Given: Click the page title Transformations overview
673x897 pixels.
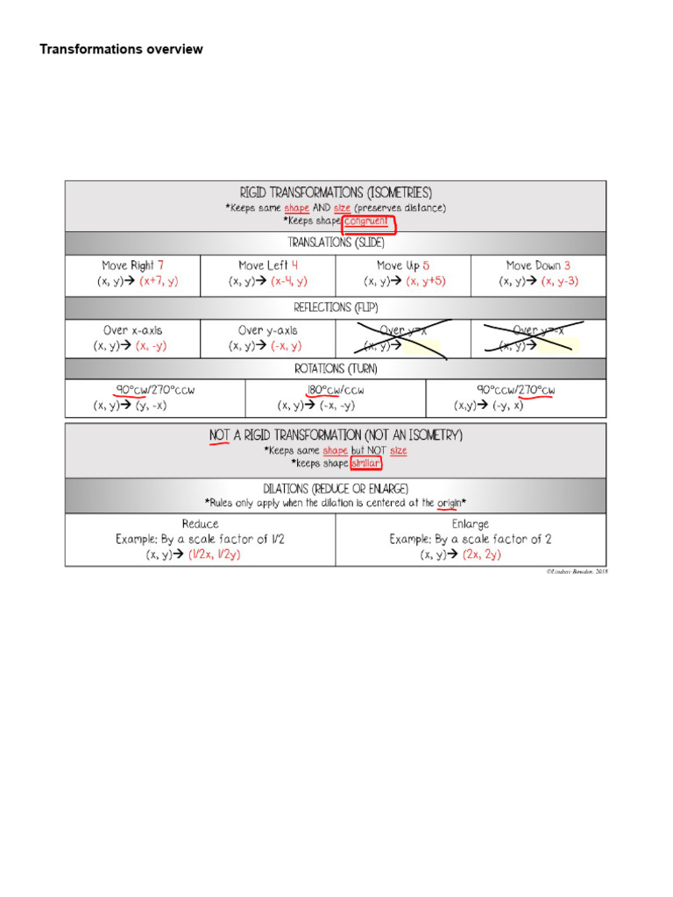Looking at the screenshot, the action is tap(121, 49).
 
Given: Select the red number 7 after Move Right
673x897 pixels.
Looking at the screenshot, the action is tap(160, 265).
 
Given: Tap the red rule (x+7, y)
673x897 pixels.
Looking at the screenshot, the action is tap(158, 281).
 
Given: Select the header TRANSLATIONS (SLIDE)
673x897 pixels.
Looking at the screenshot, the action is tap(336, 242).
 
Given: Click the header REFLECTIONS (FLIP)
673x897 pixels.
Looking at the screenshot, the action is tap(336, 307).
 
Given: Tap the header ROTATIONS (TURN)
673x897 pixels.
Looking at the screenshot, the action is tap(336, 370).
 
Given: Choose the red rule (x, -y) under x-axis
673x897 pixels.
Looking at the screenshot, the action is tap(151, 346).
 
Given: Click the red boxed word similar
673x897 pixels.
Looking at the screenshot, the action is tap(365, 463).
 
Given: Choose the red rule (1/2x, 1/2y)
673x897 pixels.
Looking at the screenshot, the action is tap(216, 555).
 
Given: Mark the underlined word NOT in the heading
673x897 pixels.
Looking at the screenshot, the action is tap(219, 435).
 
